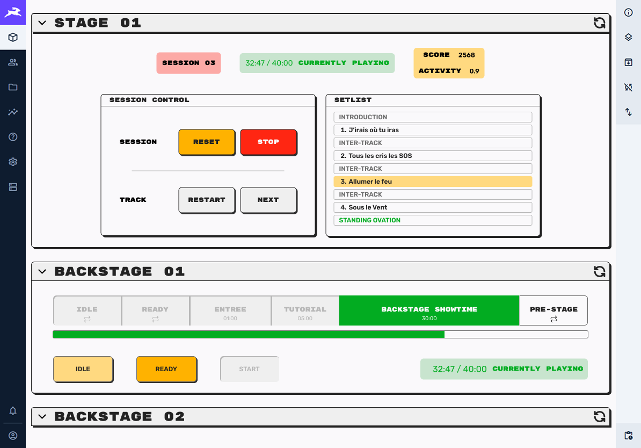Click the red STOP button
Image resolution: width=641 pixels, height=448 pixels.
(268, 142)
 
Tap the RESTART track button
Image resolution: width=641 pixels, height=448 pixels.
(207, 200)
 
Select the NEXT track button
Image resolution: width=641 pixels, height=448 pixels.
(268, 200)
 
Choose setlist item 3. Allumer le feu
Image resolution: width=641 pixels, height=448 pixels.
(433, 182)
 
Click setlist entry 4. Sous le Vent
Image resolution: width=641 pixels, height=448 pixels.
(433, 207)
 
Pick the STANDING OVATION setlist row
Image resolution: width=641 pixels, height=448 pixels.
(433, 220)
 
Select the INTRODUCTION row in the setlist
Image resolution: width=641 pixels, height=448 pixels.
(433, 117)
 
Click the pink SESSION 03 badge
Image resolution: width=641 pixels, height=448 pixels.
(188, 63)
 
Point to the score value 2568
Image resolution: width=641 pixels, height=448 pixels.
(467, 55)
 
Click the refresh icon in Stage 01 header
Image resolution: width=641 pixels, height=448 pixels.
(599, 23)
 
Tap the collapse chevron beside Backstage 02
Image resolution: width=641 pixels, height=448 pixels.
(42, 416)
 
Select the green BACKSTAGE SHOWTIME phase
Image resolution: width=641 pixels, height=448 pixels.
(429, 310)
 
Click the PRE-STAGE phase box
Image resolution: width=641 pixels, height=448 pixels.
(553, 310)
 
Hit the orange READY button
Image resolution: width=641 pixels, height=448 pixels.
(166, 369)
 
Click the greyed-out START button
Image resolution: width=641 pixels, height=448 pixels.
(250, 369)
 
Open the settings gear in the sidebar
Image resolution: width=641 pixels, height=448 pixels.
(13, 162)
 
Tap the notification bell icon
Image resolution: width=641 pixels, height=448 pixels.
(13, 411)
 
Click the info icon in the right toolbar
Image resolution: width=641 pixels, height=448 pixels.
(628, 13)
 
